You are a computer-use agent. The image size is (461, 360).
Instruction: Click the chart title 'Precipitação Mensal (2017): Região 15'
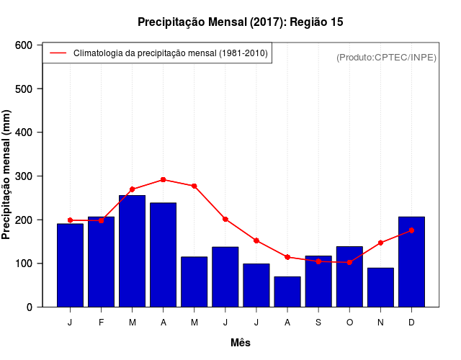[241, 22]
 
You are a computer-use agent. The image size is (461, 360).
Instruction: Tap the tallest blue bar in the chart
[133, 251]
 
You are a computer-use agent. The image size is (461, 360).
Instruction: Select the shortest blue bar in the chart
[287, 292]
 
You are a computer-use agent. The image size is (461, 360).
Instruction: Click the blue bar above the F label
[102, 261]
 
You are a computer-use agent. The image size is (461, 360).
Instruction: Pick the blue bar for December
[411, 261]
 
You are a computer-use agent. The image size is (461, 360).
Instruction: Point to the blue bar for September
[318, 281]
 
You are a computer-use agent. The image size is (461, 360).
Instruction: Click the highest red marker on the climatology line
[164, 179]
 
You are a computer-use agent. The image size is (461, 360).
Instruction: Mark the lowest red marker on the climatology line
[349, 262]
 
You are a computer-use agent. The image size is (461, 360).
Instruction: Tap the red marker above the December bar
[411, 230]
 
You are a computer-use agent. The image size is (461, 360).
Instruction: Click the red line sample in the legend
[58, 53]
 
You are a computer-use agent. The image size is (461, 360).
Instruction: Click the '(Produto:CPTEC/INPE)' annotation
[387, 57]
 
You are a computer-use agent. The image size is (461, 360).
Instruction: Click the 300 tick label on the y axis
[24, 176]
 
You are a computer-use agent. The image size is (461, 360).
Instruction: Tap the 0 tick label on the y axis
[30, 307]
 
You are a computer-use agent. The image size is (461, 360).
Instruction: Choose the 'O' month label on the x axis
[349, 323]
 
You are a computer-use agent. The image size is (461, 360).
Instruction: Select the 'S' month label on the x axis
[318, 323]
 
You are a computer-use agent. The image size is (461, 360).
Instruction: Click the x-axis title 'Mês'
[241, 343]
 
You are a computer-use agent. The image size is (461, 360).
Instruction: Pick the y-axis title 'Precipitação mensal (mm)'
[7, 175]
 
